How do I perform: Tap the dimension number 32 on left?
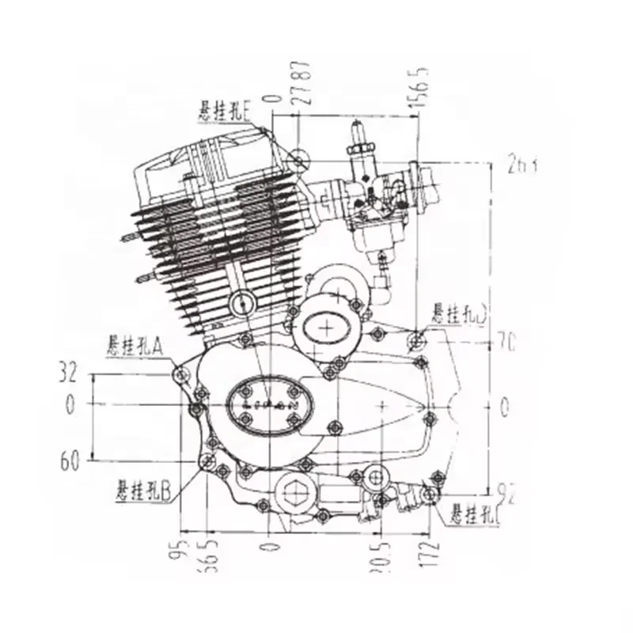69,371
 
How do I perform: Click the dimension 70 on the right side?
506,343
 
